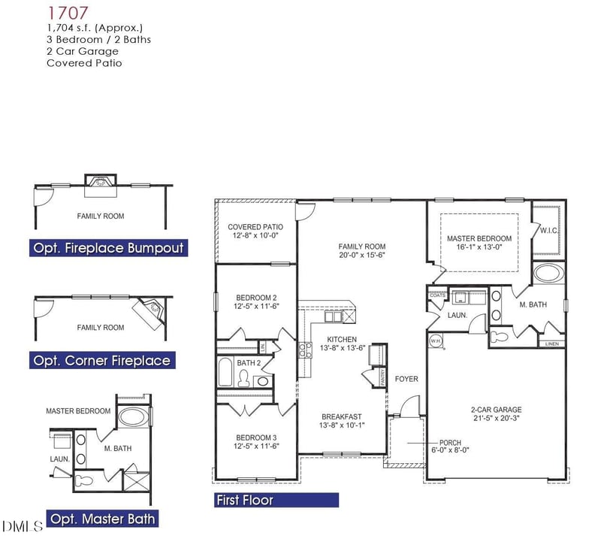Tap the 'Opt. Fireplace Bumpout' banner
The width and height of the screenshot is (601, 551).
107,248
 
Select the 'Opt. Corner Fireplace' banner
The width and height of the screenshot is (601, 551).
101,361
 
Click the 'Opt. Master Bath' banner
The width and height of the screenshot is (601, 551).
102,518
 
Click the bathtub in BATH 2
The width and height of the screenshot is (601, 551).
225,372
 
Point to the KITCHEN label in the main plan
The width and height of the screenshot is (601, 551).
342,340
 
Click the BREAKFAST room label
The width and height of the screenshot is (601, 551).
342,416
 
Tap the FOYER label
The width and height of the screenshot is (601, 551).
406,379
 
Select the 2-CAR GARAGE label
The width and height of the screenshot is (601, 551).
497,410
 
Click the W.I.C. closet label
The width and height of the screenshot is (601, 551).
548,231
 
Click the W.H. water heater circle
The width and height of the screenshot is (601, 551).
436,341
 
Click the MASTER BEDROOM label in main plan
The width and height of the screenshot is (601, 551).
479,239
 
